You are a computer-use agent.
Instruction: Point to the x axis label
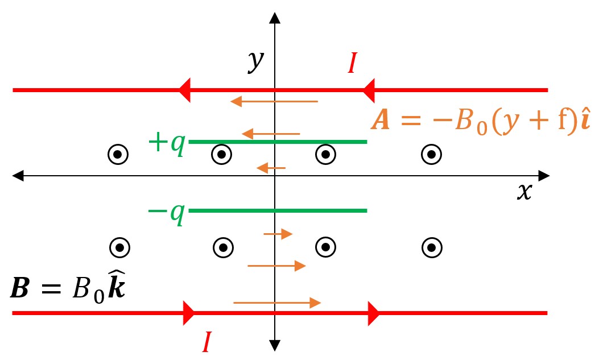(x=524, y=192)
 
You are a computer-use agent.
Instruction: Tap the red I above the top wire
(x=352, y=64)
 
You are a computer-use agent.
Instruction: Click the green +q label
(x=166, y=143)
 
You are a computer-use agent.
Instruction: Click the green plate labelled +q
(x=278, y=142)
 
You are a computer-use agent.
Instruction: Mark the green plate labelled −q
(x=278, y=211)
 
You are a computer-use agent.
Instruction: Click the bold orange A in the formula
(x=381, y=122)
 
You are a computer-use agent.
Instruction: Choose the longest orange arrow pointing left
(x=274, y=102)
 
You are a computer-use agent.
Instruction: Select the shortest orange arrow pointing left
(x=271, y=168)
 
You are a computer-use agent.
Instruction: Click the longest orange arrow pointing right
(x=277, y=303)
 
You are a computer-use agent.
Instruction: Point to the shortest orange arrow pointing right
(x=278, y=234)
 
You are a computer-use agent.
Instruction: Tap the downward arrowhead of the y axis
(x=275, y=345)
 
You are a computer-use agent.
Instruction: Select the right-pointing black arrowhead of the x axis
(x=543, y=176)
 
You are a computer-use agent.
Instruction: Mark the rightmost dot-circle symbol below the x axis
(x=431, y=247)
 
